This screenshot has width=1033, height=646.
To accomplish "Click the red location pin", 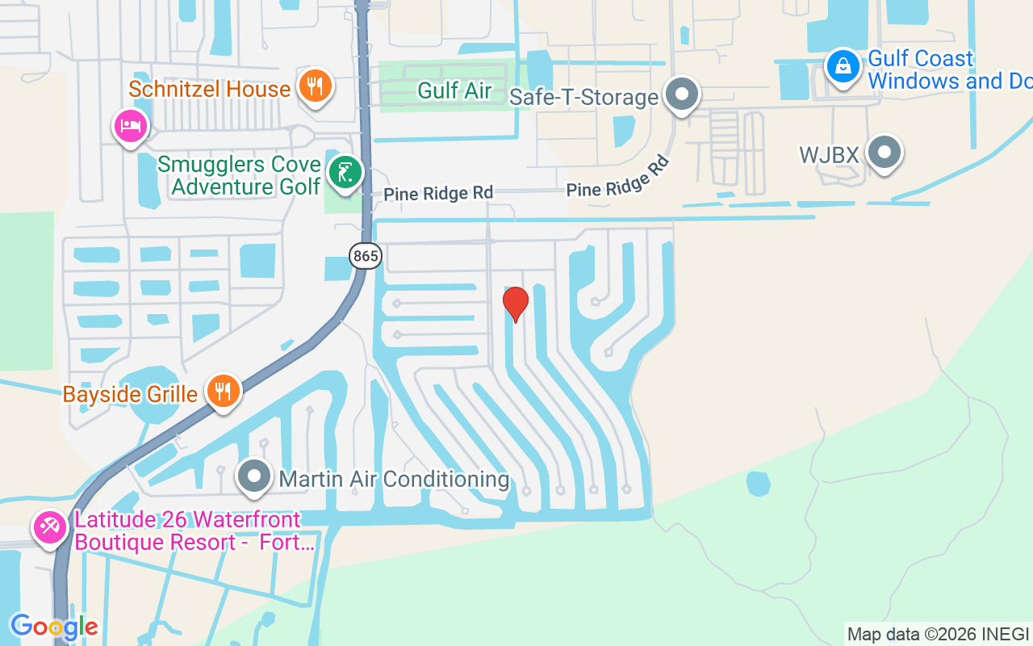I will pos(516,304).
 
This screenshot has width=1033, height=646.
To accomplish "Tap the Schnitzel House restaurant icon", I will pos(315,86).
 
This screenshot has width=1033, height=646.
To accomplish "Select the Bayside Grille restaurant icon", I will pos(224,392).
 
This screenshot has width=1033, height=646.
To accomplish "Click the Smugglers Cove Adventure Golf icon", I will pos(345,172).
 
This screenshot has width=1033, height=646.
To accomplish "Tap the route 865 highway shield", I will pos(366,257).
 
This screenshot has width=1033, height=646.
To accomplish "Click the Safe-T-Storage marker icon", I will pos(683,94).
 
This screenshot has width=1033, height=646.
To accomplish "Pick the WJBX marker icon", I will pos(885,152).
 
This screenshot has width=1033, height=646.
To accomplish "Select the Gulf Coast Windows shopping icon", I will pos(843,66).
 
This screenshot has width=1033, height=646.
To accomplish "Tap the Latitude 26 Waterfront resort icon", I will pos(49,528).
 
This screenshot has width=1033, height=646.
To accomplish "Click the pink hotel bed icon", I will pos(131,125).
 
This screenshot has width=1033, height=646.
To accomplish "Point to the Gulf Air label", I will pos(454,90).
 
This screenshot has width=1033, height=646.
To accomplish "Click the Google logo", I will pos(54,627).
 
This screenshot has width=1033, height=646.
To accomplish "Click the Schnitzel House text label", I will pos(209,88).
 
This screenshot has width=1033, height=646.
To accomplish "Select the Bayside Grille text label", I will pos(130,394).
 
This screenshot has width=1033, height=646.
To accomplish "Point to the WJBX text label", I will pos(829,154).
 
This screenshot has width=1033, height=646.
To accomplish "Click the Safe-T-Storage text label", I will pos(584,97).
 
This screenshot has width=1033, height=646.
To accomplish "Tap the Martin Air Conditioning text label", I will pos(395,479).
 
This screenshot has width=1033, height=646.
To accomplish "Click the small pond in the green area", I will pos(758,483).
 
